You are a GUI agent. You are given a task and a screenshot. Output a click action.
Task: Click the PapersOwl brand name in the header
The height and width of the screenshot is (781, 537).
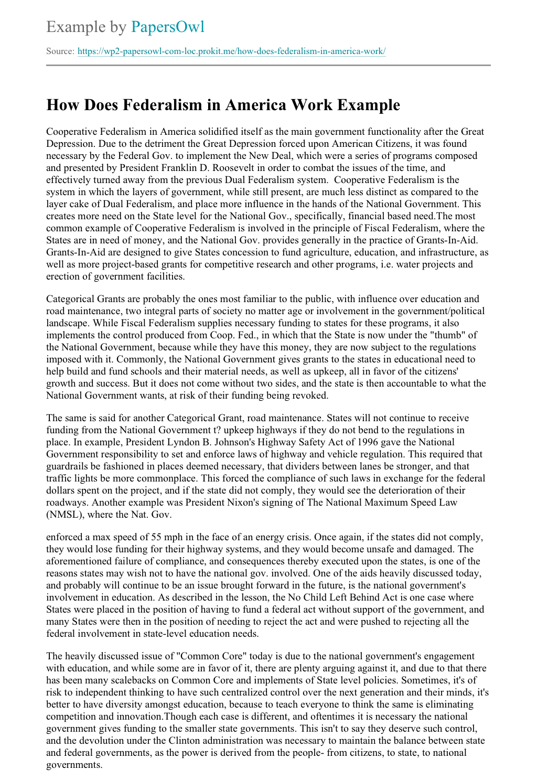click(x=168, y=27)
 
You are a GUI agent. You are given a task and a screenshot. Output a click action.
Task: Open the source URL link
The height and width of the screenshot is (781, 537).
click(x=231, y=51)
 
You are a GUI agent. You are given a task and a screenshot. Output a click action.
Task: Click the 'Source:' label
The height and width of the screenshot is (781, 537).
click(x=60, y=51)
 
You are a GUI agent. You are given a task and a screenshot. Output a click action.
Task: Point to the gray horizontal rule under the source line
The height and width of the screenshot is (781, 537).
click(x=268, y=65)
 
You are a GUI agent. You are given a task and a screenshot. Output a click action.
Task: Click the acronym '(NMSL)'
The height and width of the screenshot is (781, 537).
click(x=65, y=515)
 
